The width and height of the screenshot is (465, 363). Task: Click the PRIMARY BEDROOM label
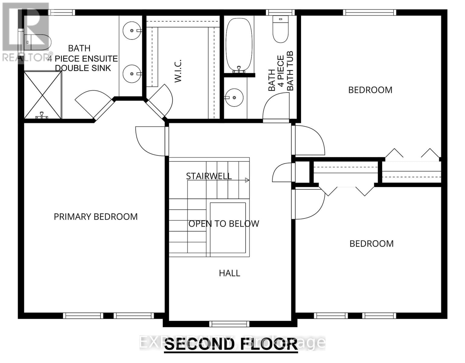click(96, 217)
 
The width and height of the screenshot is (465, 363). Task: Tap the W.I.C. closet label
click(178, 71)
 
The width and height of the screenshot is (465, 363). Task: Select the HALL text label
click(229, 273)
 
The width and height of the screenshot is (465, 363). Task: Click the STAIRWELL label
click(209, 176)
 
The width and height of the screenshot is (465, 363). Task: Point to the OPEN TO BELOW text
click(224, 224)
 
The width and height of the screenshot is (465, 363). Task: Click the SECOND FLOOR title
click(231, 344)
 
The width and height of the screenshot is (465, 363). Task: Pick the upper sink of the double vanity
click(132, 30)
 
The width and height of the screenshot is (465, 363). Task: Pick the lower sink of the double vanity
click(132, 74)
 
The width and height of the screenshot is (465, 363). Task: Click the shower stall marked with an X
click(43, 95)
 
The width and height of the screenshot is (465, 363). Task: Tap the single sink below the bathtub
click(234, 97)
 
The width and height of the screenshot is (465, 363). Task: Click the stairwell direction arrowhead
click(247, 180)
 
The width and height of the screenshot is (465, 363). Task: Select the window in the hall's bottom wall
click(229, 324)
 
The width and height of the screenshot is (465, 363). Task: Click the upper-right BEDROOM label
click(370, 90)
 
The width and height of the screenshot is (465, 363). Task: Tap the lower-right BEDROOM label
click(371, 244)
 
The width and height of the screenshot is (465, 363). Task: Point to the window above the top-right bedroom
click(369, 12)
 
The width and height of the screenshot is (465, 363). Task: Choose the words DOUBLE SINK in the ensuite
click(83, 68)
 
